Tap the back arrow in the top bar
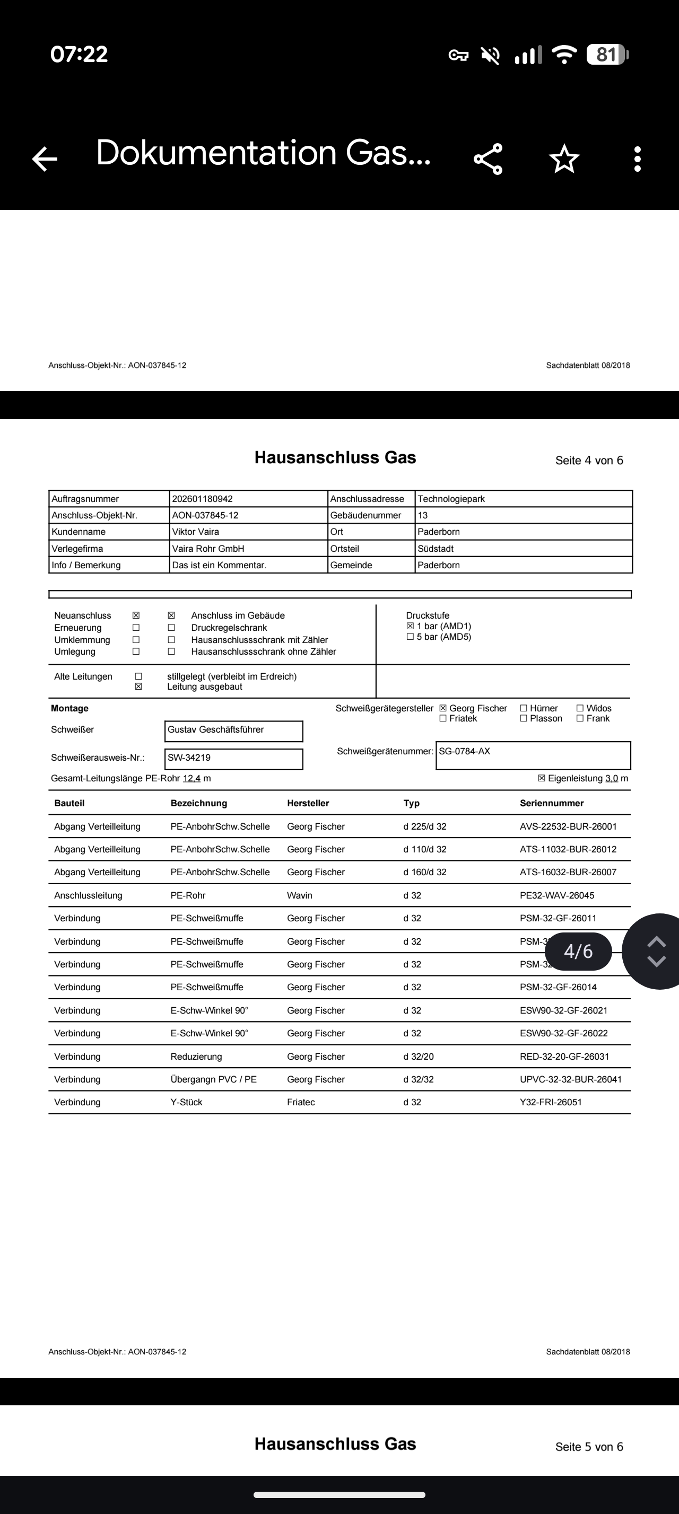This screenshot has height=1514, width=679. (45, 159)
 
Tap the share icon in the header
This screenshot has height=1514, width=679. (488, 159)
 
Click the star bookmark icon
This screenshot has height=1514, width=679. (564, 159)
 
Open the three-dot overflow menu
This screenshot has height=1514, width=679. (637, 159)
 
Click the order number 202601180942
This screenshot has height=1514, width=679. (202, 499)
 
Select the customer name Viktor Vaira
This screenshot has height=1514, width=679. (195, 532)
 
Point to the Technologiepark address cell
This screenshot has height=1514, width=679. (451, 499)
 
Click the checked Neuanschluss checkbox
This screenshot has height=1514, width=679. (136, 615)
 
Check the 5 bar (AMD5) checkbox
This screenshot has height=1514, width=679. (411, 637)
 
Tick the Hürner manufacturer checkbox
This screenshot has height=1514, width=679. (523, 708)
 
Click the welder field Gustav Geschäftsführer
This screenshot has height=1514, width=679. (233, 730)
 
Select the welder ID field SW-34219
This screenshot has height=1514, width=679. (233, 758)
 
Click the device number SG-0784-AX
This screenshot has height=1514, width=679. (533, 755)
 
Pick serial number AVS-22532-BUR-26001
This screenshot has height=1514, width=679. (568, 827)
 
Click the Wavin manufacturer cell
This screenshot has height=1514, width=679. (299, 896)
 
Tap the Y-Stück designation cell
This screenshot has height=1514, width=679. (186, 1103)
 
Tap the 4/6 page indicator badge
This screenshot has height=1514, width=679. (578, 951)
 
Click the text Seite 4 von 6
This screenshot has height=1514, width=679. (589, 460)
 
